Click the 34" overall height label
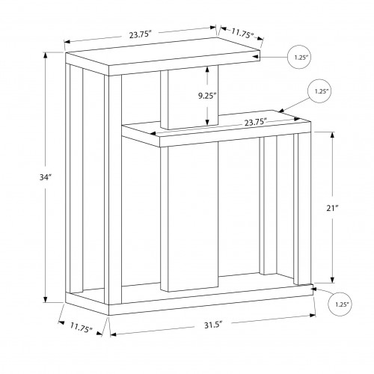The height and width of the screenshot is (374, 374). (45, 177)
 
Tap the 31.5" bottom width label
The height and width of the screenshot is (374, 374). (213, 325)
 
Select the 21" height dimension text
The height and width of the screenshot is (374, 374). (332, 208)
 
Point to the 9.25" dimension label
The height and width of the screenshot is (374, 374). (207, 96)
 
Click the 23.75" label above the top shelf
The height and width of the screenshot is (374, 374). (141, 34)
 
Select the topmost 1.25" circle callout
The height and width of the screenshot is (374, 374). (299, 57)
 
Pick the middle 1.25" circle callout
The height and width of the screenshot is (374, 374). (320, 91)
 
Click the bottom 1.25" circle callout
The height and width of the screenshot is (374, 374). (340, 304)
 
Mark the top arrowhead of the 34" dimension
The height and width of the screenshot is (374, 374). (46, 56)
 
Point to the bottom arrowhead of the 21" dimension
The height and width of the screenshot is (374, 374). (332, 280)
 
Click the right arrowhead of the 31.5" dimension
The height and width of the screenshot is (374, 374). (313, 316)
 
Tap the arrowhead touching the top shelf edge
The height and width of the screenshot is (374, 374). (256, 57)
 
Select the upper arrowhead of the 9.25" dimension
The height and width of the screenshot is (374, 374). (207, 70)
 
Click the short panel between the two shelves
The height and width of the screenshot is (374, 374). (189, 97)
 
